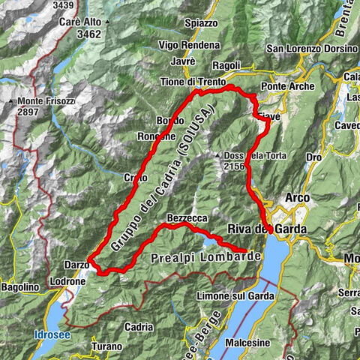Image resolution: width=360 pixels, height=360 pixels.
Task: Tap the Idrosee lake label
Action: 51,334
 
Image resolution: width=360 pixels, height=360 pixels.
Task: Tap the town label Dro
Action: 314,157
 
